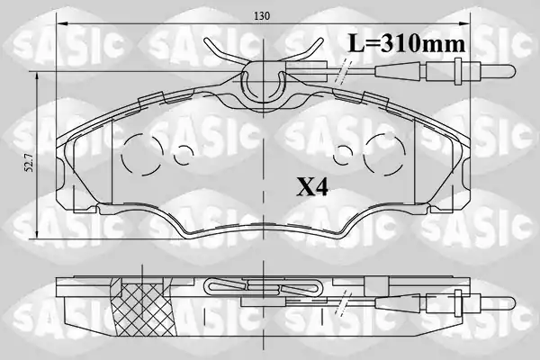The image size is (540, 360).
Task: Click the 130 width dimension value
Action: pos(262,16)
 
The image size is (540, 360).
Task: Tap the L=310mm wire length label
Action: pos(407,43)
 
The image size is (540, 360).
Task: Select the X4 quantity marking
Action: pos(312,188)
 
